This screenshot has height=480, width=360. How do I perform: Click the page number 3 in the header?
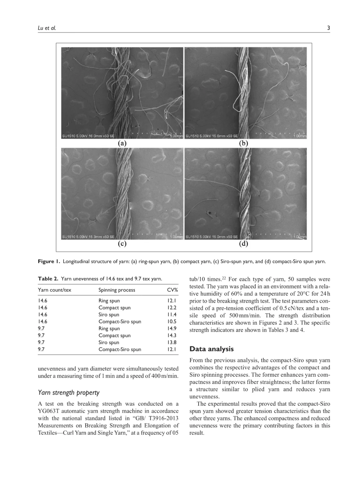click(328, 28)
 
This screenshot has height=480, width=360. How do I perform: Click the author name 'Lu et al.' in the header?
click(47, 28)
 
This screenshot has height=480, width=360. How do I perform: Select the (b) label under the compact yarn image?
click(244, 143)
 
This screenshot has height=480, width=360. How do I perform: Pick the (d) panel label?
click(244, 244)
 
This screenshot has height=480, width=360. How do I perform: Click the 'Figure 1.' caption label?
click(49, 261)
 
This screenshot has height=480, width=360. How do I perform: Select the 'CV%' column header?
click(172, 290)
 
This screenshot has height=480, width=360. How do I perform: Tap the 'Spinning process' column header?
click(117, 290)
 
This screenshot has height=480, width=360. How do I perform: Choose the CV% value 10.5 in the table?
click(172, 322)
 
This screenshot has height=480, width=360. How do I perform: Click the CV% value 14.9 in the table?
click(172, 329)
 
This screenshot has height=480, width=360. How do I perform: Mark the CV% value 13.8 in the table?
click(172, 342)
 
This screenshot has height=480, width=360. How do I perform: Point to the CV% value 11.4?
click(172, 315)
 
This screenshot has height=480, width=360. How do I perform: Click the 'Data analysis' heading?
click(211, 349)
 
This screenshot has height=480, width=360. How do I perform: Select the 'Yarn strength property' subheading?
click(69, 393)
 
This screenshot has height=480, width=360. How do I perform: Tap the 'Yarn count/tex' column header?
click(54, 290)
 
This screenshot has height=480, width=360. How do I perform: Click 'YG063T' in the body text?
click(49, 411)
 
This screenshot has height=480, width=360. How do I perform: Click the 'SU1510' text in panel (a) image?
click(68, 136)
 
